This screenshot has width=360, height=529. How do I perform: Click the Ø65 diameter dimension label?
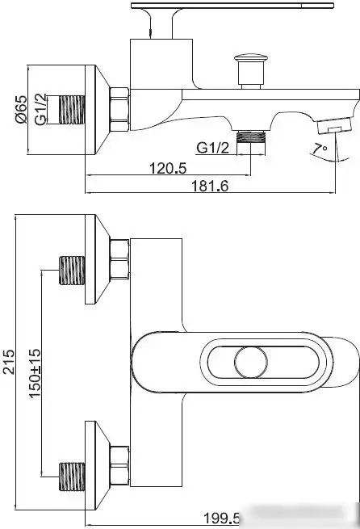pyautogui.click(x=21, y=109)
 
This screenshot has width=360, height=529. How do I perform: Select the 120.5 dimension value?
pyautogui.click(x=168, y=168)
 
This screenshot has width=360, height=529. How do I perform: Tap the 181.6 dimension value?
pyautogui.click(x=210, y=186)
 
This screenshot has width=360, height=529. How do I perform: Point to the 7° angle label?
pyautogui.click(x=319, y=149)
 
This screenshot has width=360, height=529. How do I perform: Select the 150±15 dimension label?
pyautogui.click(x=35, y=373)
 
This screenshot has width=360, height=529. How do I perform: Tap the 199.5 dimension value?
pyautogui.click(x=221, y=519)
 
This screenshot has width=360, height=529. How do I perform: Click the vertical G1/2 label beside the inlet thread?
pyautogui.click(x=40, y=109)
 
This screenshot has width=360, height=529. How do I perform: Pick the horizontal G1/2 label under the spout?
pyautogui.click(x=213, y=148)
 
